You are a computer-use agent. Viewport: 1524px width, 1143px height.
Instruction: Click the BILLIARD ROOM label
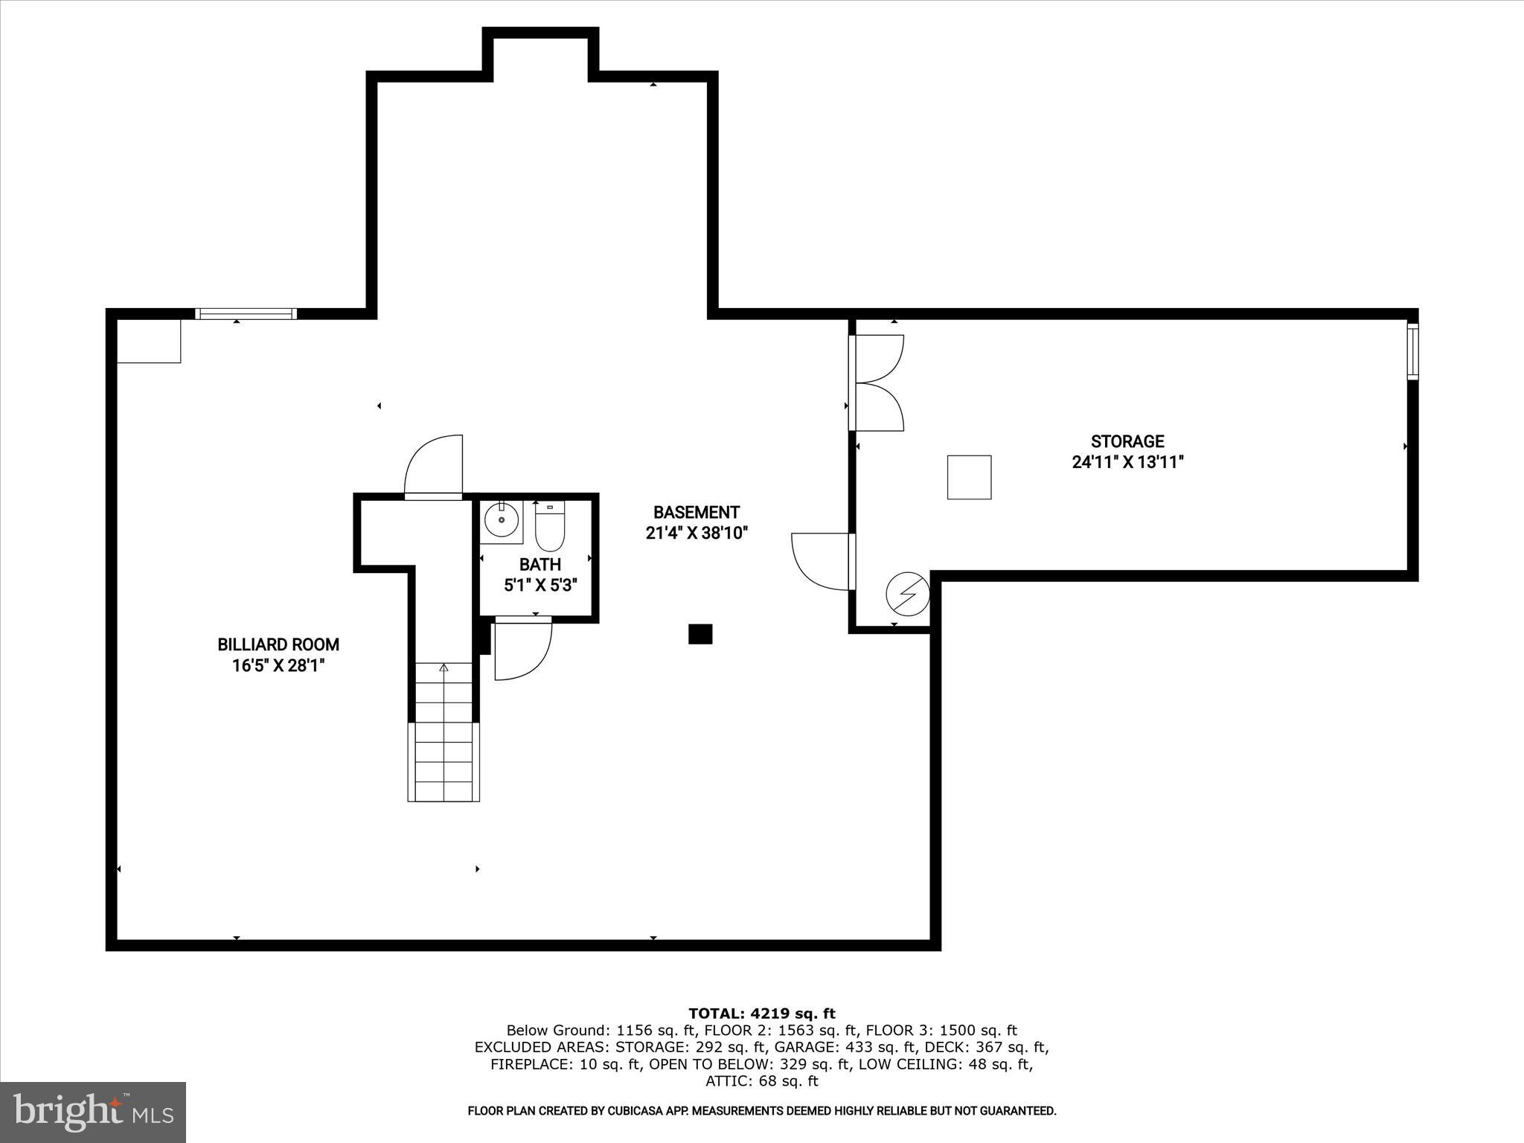pyautogui.click(x=278, y=644)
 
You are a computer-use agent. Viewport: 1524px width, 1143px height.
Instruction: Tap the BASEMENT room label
pyautogui.click(x=696, y=513)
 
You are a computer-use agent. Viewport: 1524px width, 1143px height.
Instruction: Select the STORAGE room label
pyautogui.click(x=1127, y=441)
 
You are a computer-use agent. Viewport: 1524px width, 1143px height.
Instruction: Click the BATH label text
pyautogui.click(x=540, y=565)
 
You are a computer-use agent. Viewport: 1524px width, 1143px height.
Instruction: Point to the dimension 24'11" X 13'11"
pyautogui.click(x=1127, y=462)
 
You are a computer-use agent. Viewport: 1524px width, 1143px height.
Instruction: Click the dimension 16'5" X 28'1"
pyautogui.click(x=278, y=665)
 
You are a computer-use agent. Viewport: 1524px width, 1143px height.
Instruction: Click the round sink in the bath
pyautogui.click(x=502, y=519)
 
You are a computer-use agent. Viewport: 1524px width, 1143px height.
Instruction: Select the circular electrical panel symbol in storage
pyautogui.click(x=908, y=594)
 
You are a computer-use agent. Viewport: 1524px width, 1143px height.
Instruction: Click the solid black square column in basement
pyautogui.click(x=700, y=634)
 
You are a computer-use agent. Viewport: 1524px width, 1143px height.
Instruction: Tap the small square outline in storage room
pyautogui.click(x=969, y=477)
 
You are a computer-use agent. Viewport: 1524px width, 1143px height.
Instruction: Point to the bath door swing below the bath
pyautogui.click(x=522, y=649)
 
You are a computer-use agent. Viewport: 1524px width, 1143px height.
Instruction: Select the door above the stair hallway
pyautogui.click(x=434, y=466)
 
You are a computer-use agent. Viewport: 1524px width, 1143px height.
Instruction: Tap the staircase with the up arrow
pyautogui.click(x=444, y=731)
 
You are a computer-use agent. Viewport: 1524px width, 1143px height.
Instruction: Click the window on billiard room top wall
pyautogui.click(x=246, y=314)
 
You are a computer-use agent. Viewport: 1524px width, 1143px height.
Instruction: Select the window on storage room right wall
pyautogui.click(x=1412, y=352)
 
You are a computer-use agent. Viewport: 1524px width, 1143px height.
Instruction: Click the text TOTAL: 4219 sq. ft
pyautogui.click(x=761, y=1013)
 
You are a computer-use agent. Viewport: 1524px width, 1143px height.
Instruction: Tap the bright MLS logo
pyautogui.click(x=93, y=1112)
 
